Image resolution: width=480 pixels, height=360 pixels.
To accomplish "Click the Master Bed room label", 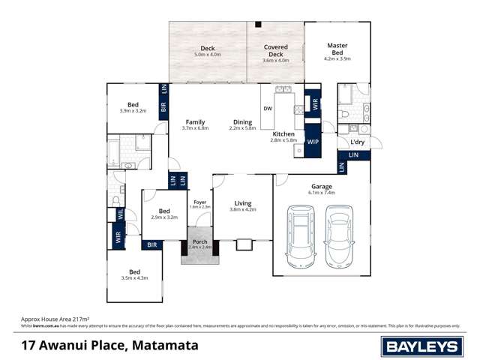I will [337, 46].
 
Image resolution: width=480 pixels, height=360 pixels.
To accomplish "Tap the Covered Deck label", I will [276, 47].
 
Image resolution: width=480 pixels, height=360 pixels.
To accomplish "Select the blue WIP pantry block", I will [313, 140].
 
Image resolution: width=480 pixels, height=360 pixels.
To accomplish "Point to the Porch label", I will [199, 241].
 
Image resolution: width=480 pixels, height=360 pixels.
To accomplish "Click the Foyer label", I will [199, 202].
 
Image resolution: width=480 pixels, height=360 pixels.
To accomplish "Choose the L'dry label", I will [358, 142].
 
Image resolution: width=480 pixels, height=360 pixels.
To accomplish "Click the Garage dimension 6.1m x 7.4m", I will [321, 193].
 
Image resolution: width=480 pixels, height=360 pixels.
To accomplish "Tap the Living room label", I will [242, 202].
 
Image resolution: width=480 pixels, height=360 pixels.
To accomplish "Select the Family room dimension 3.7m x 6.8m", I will [195, 128].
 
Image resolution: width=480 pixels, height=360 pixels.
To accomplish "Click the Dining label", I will [242, 121].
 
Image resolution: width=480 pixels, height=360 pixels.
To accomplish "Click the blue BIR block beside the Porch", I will [152, 244].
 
